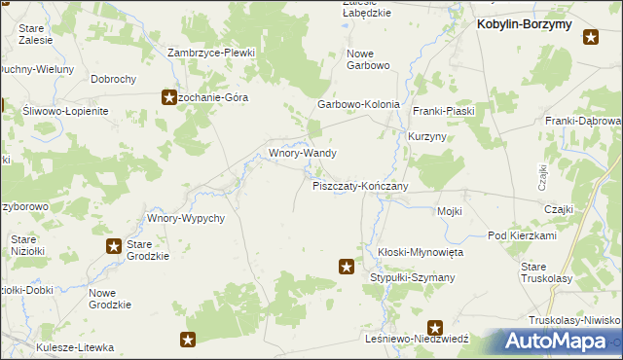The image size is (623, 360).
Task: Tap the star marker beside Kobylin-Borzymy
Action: point(591,38)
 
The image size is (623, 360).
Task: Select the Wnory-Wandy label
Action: point(303,153)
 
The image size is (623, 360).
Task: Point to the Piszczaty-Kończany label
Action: point(359,185)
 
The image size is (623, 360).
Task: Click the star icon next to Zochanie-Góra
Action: point(167,97)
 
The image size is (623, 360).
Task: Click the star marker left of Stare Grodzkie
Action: point(114,246)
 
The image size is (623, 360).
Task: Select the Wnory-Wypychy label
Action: point(186,218)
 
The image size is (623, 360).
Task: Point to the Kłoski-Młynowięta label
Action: point(421,251)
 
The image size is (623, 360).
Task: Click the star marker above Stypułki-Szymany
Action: point(346,265)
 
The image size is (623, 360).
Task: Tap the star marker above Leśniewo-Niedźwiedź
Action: point(435,329)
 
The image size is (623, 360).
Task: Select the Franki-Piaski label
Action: point(443,111)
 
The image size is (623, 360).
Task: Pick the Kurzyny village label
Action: point(427,137)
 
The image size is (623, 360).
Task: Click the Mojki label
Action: point(449,211)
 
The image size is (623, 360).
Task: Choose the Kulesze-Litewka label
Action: point(75,346)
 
